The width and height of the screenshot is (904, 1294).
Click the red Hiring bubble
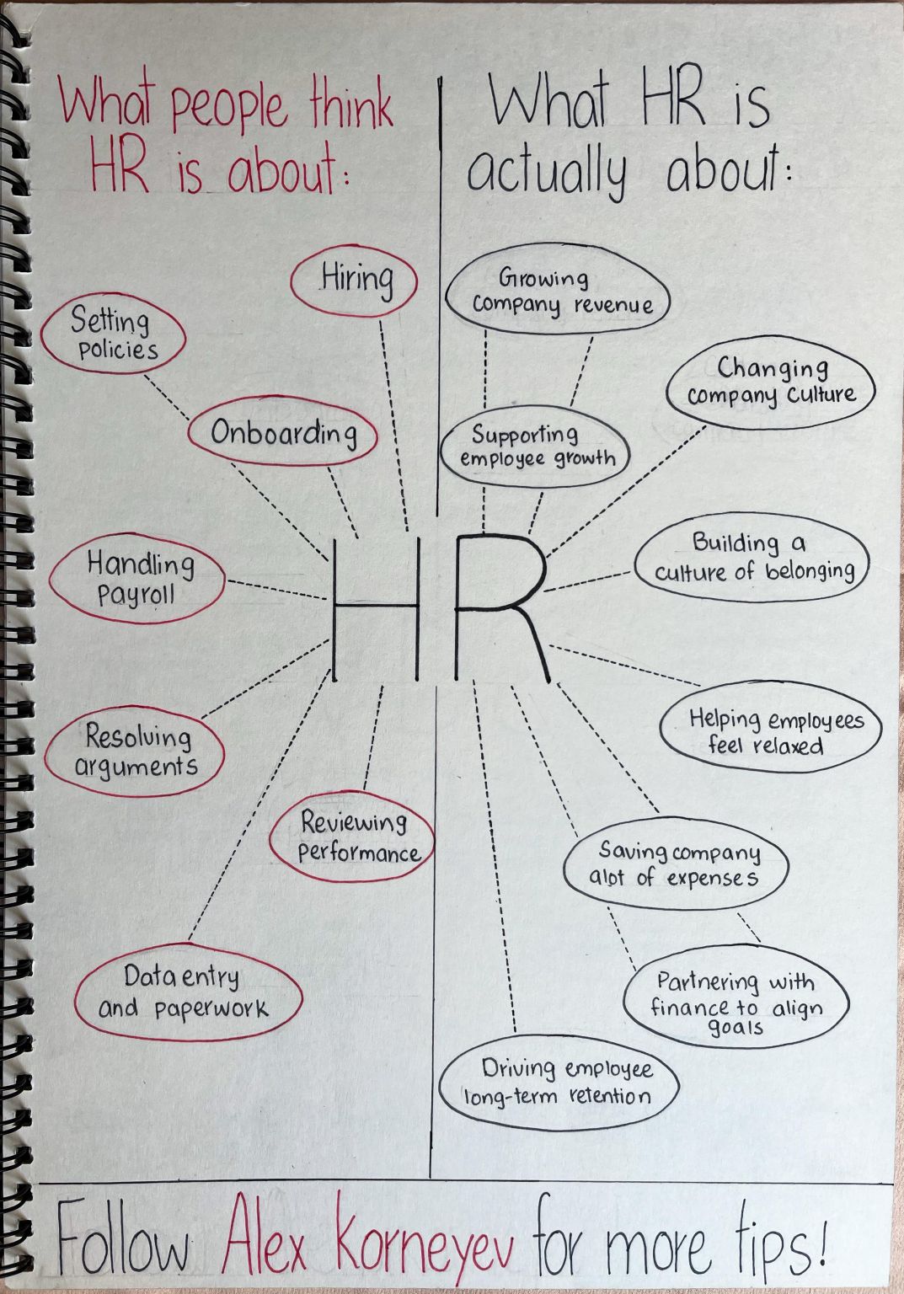pyautogui.click(x=355, y=280)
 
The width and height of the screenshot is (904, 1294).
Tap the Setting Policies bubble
pyautogui.click(x=115, y=335)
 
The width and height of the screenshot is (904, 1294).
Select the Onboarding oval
pyautogui.click(x=282, y=433)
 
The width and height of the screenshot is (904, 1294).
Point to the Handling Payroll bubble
pyautogui.click(x=137, y=579)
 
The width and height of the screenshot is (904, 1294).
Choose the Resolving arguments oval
pyautogui.click(x=136, y=751)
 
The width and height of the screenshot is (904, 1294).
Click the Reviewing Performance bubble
pyautogui.click(x=353, y=837)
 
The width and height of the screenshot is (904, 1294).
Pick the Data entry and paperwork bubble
pyautogui.click(x=186, y=992)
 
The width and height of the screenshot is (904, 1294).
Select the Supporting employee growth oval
pyautogui.click(x=535, y=446)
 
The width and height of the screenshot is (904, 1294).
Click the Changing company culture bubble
pyautogui.click(x=771, y=382)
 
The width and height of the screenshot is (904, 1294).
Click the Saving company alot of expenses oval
pyautogui.click(x=676, y=865)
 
